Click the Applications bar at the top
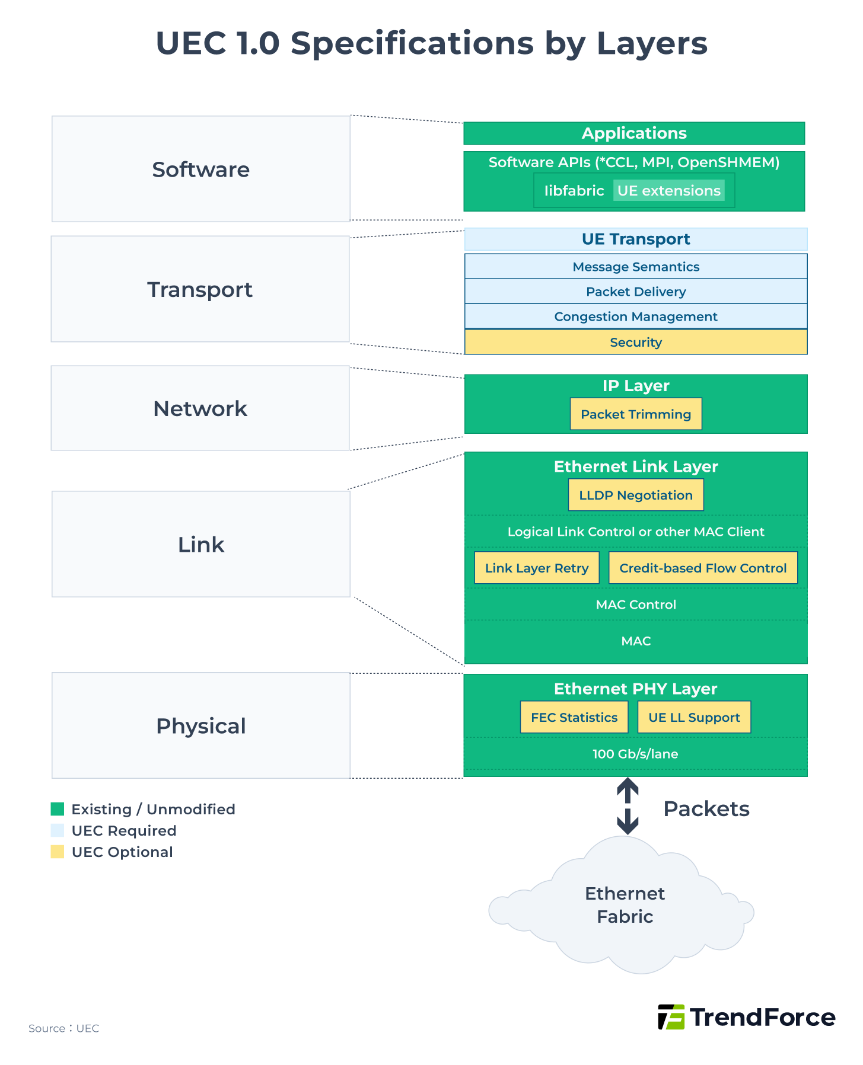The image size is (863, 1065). pos(633,133)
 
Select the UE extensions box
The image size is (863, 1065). pos(668,190)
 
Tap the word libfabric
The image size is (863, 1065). pos(574,190)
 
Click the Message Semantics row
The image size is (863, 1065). pos(635,267)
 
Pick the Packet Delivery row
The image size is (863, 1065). pos(635,292)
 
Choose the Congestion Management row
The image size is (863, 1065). pos(635,316)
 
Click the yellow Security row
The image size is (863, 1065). pos(635,342)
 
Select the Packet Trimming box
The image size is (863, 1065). pos(635,414)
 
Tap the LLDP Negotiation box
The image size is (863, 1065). pos(635,495)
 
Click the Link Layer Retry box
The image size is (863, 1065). pos(536,568)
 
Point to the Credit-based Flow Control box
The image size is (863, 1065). pos(702,568)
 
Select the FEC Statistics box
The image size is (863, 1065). pos(574,717)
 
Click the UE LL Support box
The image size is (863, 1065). pos(693,717)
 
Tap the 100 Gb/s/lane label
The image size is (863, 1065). pos(635,754)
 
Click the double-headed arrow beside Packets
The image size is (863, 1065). pos(627,806)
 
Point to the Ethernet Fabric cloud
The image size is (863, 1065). pos(624,905)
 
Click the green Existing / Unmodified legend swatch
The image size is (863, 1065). pos(58,809)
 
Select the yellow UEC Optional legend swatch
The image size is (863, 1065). pos(58,852)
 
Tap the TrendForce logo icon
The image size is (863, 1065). pos(671,1017)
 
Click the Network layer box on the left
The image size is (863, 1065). pos(200,408)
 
